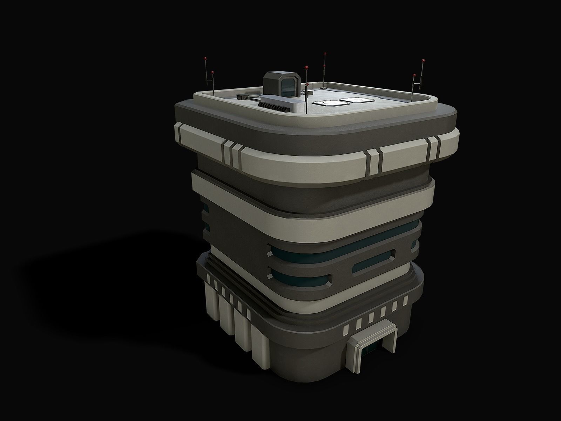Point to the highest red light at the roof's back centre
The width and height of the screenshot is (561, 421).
[x=325, y=54]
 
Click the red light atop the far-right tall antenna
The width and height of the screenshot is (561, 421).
[x=423, y=60]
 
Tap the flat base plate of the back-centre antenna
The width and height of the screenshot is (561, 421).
[x=325, y=88]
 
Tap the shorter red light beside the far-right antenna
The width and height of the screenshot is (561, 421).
[x=414, y=75]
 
